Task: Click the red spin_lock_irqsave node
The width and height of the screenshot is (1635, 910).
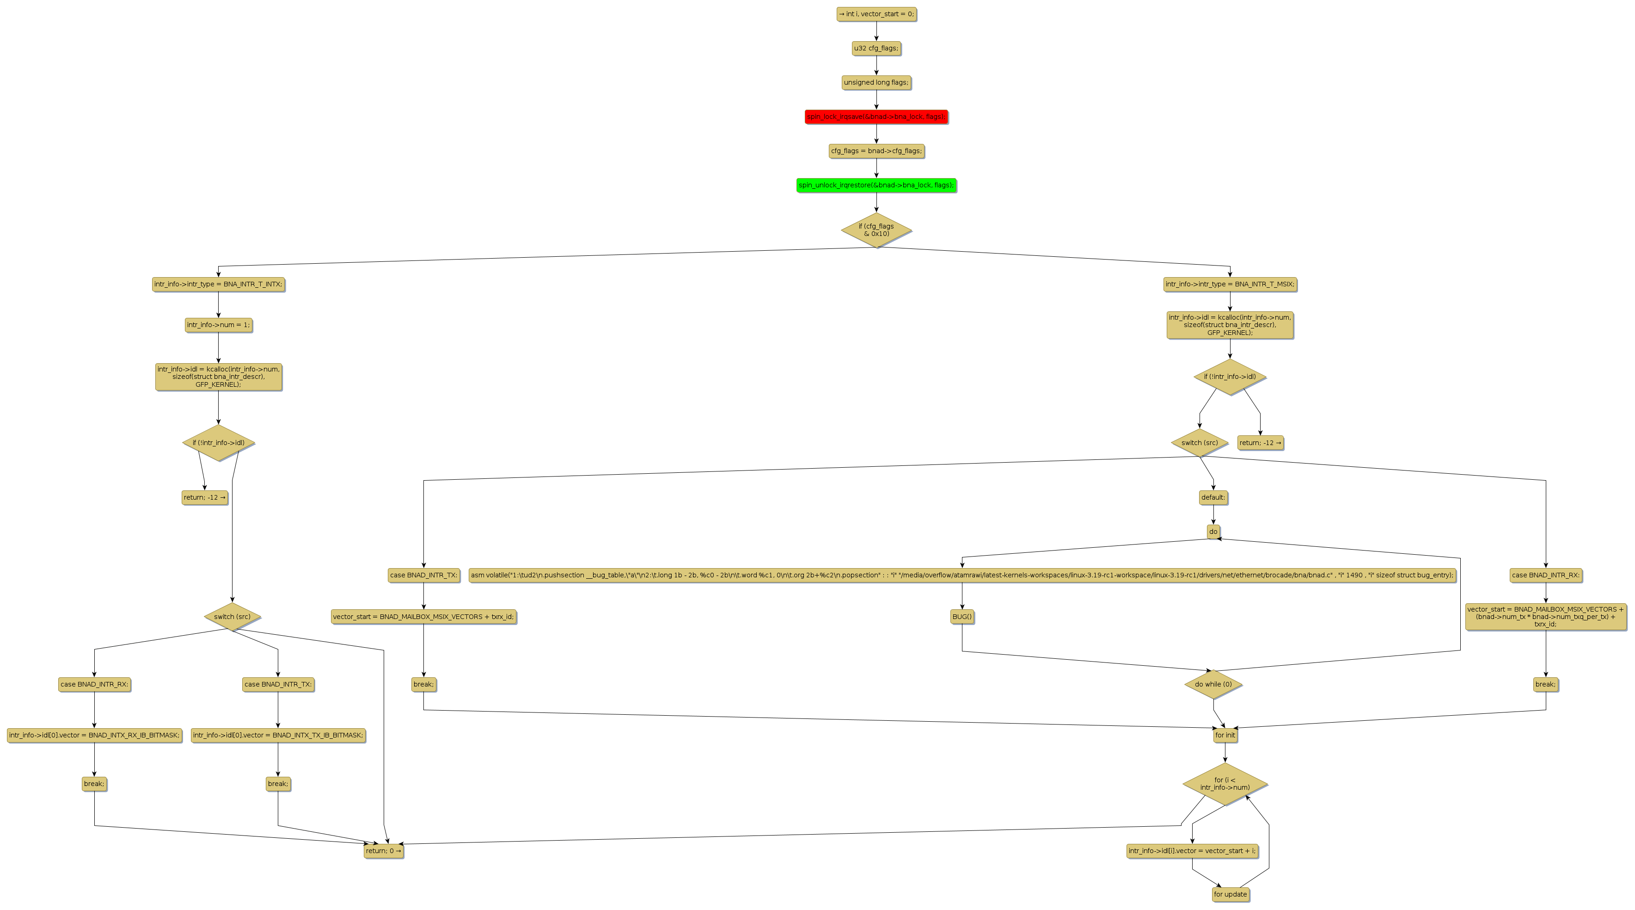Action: point(876,117)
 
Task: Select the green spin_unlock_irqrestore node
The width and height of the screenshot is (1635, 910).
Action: point(876,186)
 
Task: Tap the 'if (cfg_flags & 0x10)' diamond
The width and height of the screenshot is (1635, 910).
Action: point(876,230)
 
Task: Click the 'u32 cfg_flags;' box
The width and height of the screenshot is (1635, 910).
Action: point(876,48)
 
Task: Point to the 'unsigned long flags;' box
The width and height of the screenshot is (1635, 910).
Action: point(876,82)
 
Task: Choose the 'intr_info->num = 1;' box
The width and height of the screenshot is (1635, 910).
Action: point(218,325)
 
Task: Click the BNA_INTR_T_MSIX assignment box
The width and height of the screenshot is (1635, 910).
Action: point(1230,285)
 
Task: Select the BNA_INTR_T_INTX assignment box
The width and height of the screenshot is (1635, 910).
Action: point(218,285)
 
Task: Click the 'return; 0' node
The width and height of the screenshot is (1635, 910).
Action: point(383,851)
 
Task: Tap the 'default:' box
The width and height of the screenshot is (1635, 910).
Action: point(1213,497)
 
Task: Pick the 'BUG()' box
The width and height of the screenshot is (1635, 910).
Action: point(961,617)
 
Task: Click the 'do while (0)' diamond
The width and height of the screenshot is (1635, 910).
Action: point(1213,685)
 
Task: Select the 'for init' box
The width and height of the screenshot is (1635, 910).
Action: point(1225,736)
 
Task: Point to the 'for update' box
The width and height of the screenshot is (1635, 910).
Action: point(1230,894)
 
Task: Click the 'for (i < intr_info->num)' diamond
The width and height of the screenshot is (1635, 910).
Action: point(1225,784)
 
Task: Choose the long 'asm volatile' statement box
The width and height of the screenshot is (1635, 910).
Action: point(961,576)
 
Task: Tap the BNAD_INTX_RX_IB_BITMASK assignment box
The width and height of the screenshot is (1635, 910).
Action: point(95,736)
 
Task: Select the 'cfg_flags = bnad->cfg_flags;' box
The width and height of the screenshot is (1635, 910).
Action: point(876,151)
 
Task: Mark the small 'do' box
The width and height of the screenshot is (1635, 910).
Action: point(1213,532)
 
